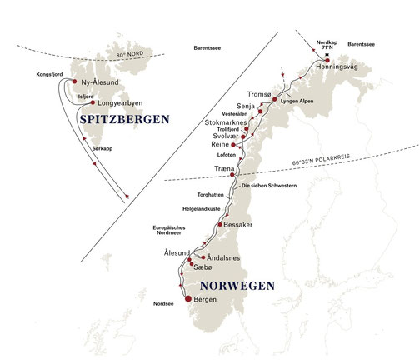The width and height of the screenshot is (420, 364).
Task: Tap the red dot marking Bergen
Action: click(189, 299)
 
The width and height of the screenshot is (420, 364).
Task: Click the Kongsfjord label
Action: click(50, 74)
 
